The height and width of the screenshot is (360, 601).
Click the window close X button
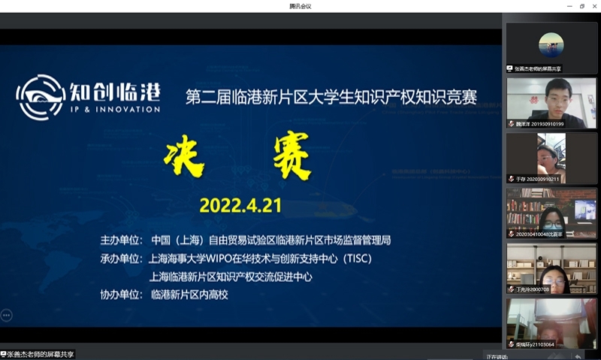click(x=593, y=6)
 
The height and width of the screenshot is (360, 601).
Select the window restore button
click(x=580, y=6)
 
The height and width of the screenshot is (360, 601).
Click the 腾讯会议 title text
click(x=300, y=6)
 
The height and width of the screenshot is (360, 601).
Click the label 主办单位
click(x=121, y=241)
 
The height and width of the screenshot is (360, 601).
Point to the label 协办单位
click(x=121, y=295)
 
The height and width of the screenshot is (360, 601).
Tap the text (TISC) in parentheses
click(x=355, y=259)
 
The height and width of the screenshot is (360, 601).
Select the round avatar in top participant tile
click(x=551, y=44)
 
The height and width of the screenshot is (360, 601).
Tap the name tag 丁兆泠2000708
click(x=530, y=289)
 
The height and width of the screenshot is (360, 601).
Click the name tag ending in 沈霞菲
click(x=539, y=234)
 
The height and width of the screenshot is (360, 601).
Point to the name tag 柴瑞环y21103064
click(x=536, y=344)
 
